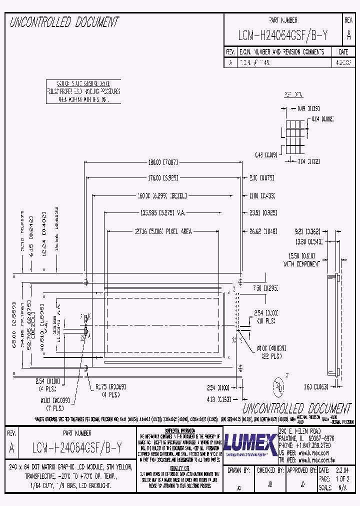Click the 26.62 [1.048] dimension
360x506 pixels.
coord(262,231)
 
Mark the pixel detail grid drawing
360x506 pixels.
coord(293,135)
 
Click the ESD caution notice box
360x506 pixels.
coord(83,91)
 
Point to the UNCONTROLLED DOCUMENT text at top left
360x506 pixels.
coord(64,22)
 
